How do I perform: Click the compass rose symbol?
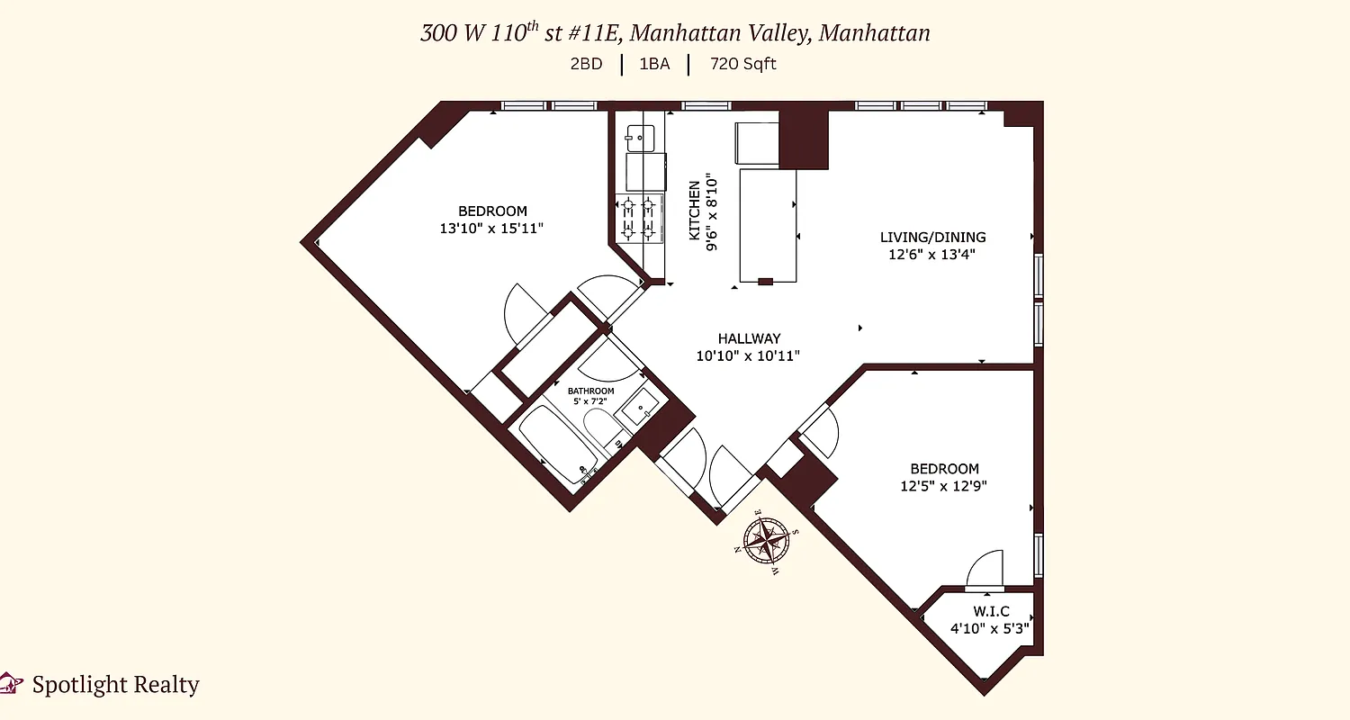[x=768, y=541]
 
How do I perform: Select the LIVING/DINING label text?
[x=932, y=238]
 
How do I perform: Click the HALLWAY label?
[x=749, y=338]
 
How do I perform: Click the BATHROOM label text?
[x=590, y=391]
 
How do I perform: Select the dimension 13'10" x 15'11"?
[x=490, y=229]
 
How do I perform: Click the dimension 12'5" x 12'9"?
[x=944, y=486]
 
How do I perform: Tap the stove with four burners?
[x=639, y=218]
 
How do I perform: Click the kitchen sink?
[x=640, y=138]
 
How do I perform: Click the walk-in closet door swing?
[x=984, y=569]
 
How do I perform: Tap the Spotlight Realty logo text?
[x=115, y=685]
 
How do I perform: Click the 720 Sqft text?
[x=742, y=64]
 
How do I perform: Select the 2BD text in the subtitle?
[x=586, y=64]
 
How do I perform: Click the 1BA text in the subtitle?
[x=654, y=64]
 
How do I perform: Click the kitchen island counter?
[x=768, y=225]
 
